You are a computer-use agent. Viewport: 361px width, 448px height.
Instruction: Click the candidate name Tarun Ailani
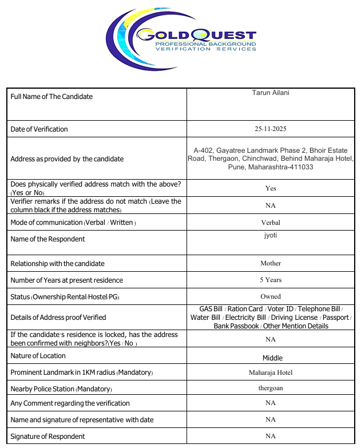click(x=271, y=93)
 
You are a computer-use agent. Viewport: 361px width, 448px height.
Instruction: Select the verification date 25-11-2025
click(x=271, y=129)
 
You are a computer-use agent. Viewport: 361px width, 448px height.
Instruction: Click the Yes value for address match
click(x=271, y=188)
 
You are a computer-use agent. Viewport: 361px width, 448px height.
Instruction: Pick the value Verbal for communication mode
click(x=271, y=223)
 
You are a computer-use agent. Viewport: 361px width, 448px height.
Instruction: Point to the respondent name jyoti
click(x=271, y=235)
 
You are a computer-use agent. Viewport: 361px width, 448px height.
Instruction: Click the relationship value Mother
click(x=271, y=263)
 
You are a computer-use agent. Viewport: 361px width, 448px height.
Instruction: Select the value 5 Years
click(x=271, y=280)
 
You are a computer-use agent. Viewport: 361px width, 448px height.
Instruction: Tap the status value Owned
click(x=271, y=296)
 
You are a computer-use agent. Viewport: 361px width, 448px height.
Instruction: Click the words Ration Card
click(x=245, y=309)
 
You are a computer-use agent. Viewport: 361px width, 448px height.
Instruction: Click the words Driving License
click(x=295, y=318)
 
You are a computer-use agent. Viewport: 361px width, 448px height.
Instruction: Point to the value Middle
click(x=272, y=358)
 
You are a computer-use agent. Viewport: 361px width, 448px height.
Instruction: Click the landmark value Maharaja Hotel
click(x=271, y=372)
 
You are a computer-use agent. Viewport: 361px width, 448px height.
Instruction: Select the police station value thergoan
click(x=271, y=388)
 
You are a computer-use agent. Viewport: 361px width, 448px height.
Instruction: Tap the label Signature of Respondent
click(x=47, y=437)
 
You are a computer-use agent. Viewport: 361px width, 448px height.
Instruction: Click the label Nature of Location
click(x=38, y=356)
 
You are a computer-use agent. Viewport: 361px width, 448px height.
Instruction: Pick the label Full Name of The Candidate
click(x=51, y=97)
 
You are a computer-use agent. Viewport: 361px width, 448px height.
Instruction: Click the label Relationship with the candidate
click(x=57, y=264)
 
